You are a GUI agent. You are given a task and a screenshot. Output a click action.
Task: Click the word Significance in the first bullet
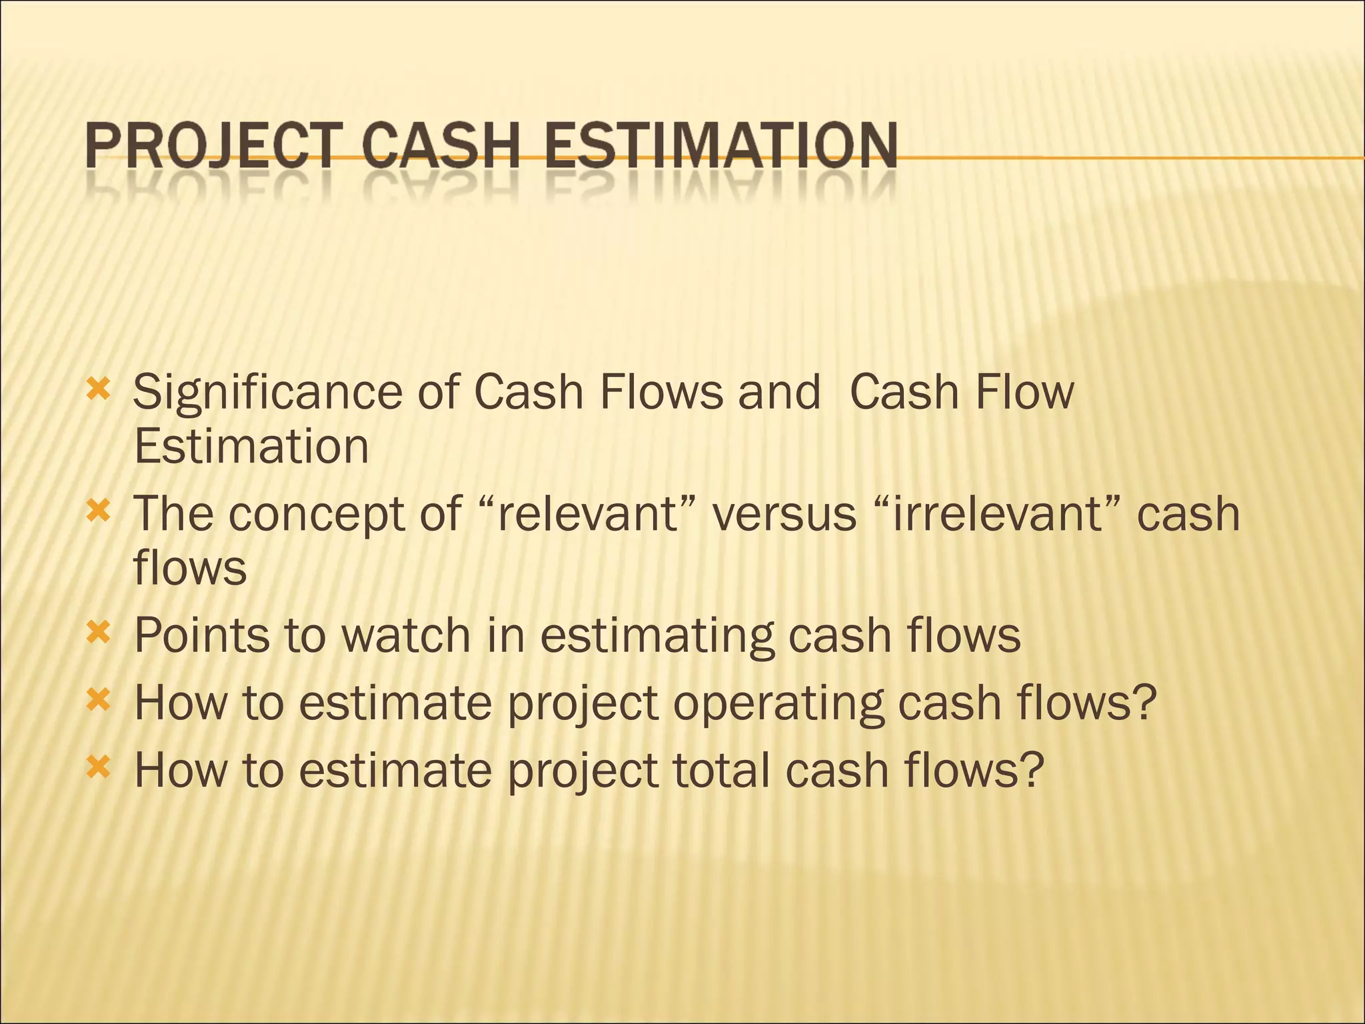(x=267, y=393)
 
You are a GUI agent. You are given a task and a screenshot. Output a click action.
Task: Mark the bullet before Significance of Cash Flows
(x=98, y=389)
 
